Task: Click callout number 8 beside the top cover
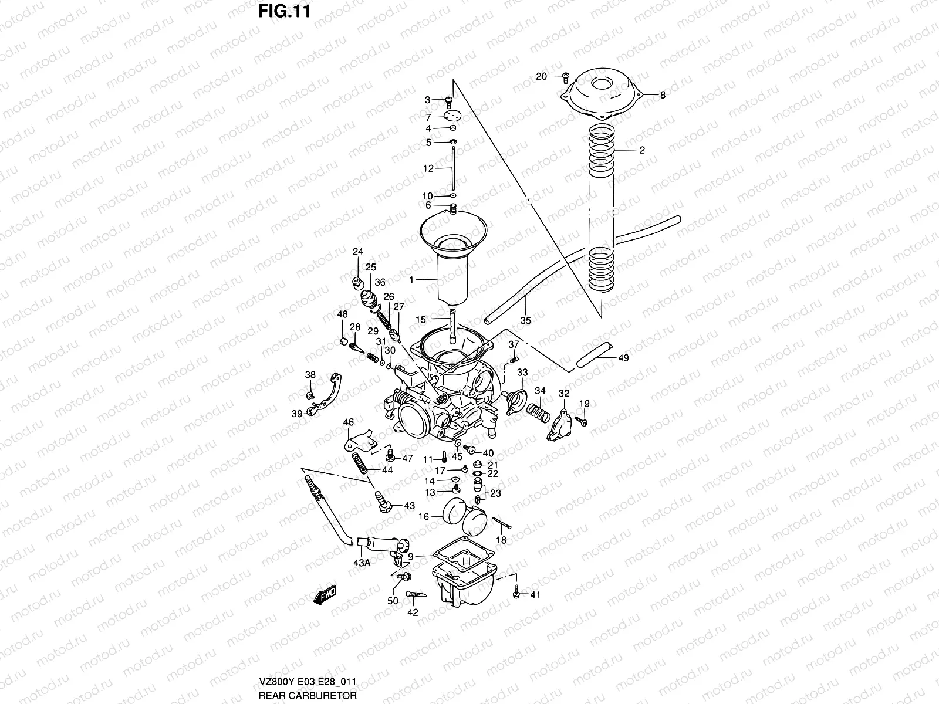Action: pyautogui.click(x=663, y=95)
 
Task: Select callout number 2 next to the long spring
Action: pyautogui.click(x=642, y=150)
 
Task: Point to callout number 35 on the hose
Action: pyautogui.click(x=525, y=321)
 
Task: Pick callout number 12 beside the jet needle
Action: pyautogui.click(x=428, y=168)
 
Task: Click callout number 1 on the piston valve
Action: pyautogui.click(x=411, y=280)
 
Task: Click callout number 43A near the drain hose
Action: pyautogui.click(x=362, y=562)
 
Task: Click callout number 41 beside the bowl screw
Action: pyautogui.click(x=535, y=595)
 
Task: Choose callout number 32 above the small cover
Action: pyautogui.click(x=564, y=393)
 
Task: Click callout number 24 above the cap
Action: pyautogui.click(x=357, y=252)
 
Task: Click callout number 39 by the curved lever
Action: pyautogui.click(x=297, y=413)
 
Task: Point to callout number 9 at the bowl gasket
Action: pyautogui.click(x=411, y=556)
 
